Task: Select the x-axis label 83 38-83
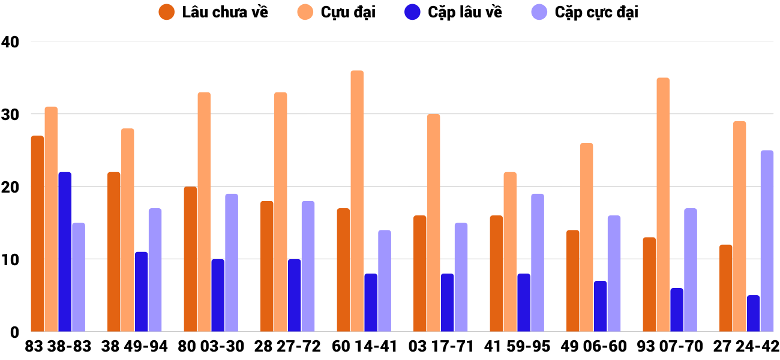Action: [x=58, y=346]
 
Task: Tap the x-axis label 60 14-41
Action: [x=364, y=346]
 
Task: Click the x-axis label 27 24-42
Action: [x=746, y=346]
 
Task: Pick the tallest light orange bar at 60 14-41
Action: [x=357, y=201]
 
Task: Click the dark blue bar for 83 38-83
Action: [x=65, y=252]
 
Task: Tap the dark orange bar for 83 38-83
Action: [x=37, y=234]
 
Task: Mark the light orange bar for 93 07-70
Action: [x=663, y=205]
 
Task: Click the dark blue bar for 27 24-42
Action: [x=753, y=313]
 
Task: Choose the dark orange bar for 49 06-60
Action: [x=573, y=281]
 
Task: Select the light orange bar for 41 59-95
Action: [x=510, y=252]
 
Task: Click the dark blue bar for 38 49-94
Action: [x=142, y=292]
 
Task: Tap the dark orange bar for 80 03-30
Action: [x=190, y=259]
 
